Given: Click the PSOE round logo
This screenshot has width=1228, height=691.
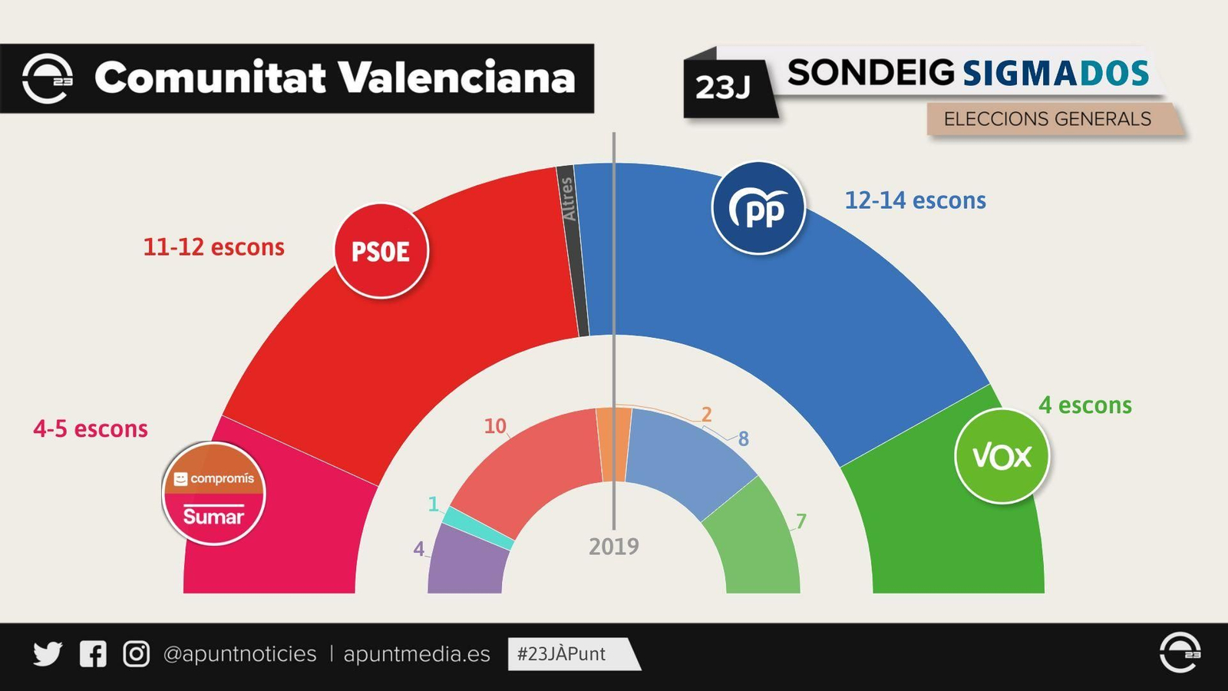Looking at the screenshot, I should click(x=381, y=251).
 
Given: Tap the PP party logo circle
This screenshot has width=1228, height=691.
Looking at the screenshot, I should click(x=758, y=208).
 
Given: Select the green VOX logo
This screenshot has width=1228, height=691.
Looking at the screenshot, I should click(x=1002, y=457).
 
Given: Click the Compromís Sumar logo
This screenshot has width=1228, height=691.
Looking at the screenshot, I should click(x=213, y=494).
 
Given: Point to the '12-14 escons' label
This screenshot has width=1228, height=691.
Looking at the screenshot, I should click(x=915, y=200).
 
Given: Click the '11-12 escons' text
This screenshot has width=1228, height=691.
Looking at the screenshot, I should click(x=213, y=247).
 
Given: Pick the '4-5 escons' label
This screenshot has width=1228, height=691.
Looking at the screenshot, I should click(x=91, y=428).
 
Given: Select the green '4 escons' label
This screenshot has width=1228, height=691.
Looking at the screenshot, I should click(x=1084, y=405).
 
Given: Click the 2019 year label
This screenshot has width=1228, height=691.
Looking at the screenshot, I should click(x=613, y=547).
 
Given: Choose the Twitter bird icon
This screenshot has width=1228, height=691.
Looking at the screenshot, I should click(x=48, y=654).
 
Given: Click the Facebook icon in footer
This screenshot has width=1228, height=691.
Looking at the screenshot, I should click(x=93, y=654).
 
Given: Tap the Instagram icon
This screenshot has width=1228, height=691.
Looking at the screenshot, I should click(x=137, y=654).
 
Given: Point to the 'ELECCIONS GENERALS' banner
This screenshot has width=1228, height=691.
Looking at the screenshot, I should click(x=1047, y=119).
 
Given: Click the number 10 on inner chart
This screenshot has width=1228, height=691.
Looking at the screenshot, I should click(x=495, y=426).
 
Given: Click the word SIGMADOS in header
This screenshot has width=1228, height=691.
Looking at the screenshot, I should click(x=1055, y=74).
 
